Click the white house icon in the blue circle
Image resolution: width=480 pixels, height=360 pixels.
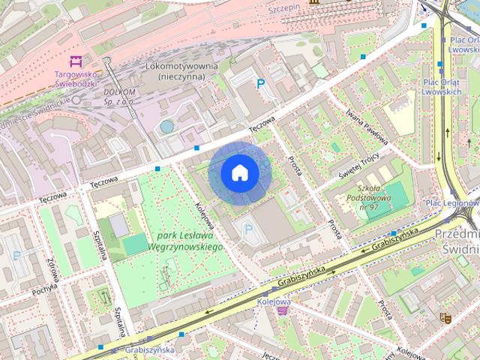[239, 173]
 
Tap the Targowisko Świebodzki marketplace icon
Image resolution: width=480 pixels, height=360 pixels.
[74, 61]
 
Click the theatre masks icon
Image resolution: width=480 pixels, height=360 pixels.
[444, 319]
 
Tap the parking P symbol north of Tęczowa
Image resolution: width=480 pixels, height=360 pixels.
[260, 84]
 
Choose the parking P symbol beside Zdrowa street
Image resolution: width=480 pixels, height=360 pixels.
[16, 255]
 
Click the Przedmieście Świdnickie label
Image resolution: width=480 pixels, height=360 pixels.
[456, 241]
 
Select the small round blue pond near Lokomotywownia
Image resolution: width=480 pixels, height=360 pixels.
[166, 127]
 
